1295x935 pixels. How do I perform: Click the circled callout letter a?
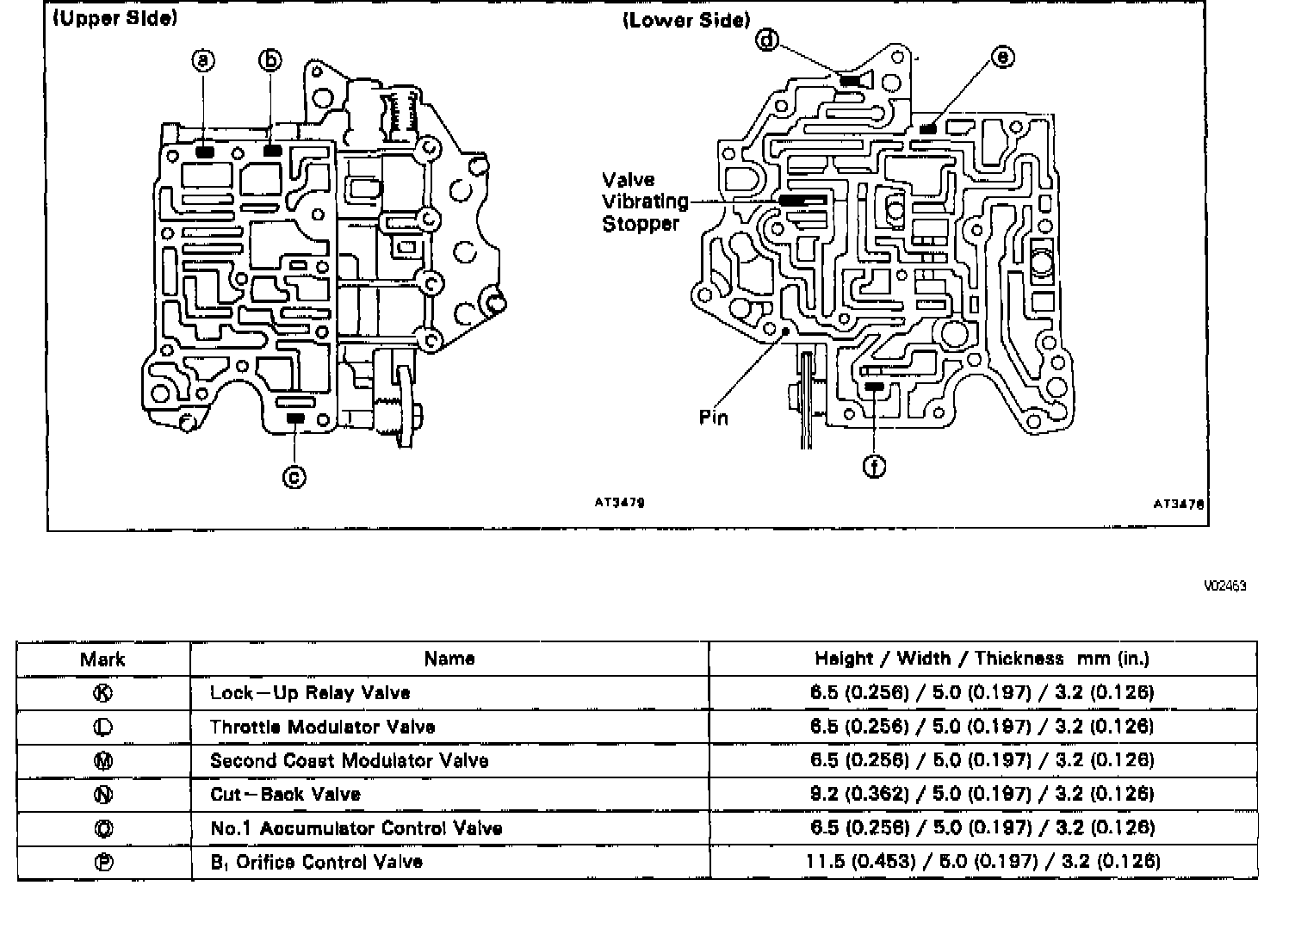pyautogui.click(x=203, y=60)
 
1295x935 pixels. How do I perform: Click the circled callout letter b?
pyautogui.click(x=270, y=60)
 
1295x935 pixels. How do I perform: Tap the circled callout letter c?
pyautogui.click(x=294, y=476)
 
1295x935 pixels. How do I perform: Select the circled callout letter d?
pyautogui.click(x=766, y=40)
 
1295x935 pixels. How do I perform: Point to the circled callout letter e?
pyautogui.click(x=1002, y=58)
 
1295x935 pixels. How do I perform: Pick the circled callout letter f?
pyautogui.click(x=874, y=467)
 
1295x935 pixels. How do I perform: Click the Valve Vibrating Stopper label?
pyautogui.click(x=645, y=201)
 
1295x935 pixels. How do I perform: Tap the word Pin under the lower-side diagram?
pyautogui.click(x=714, y=418)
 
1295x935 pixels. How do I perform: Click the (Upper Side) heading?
pyautogui.click(x=115, y=19)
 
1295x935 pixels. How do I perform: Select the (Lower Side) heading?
pyautogui.click(x=686, y=20)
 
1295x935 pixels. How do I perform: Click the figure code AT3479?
pyautogui.click(x=619, y=503)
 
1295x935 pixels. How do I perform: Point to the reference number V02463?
pyautogui.click(x=1224, y=586)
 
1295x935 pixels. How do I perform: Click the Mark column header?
pyautogui.click(x=102, y=659)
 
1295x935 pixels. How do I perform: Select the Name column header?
pyautogui.click(x=449, y=659)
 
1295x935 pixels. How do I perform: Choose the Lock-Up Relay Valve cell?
pyautogui.click(x=310, y=693)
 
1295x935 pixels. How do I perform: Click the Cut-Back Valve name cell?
pyautogui.click(x=285, y=794)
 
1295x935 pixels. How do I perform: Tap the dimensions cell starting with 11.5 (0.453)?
pyautogui.click(x=982, y=861)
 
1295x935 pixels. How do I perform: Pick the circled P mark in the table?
pyautogui.click(x=102, y=862)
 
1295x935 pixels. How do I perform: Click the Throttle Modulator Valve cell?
pyautogui.click(x=322, y=727)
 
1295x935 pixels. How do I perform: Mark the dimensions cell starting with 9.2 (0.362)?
pyautogui.click(x=982, y=794)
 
